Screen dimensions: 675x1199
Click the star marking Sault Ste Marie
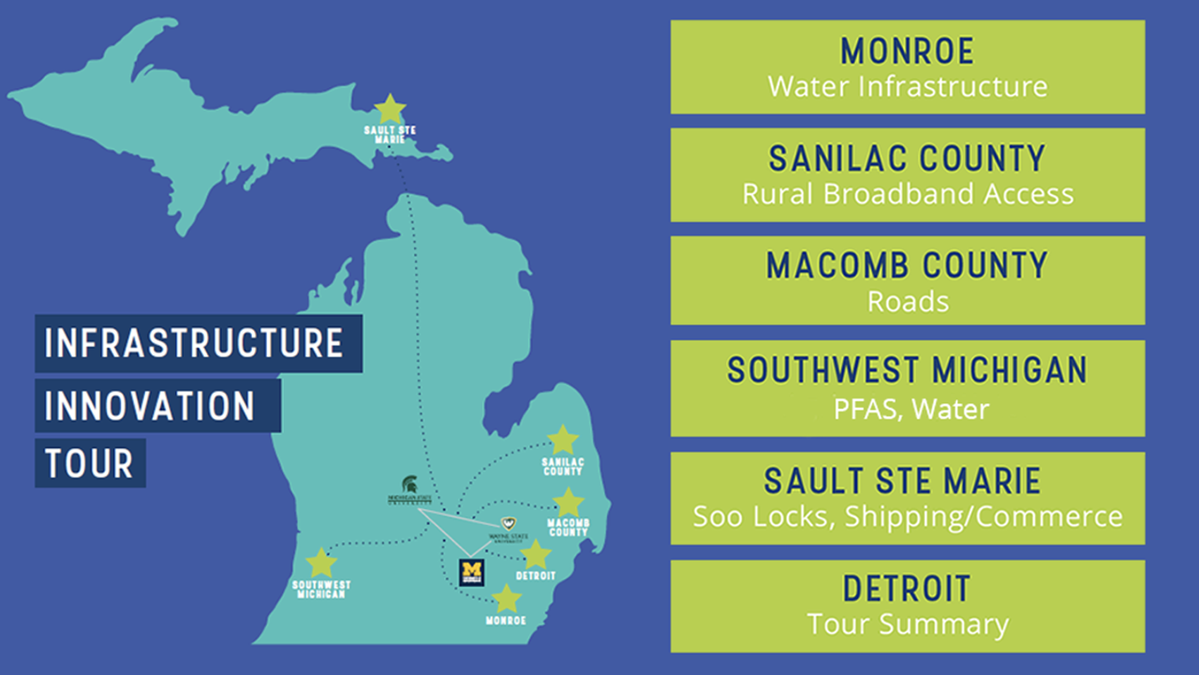point(390,108)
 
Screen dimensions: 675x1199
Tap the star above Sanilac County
point(562,440)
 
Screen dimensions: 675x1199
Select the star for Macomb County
point(568,502)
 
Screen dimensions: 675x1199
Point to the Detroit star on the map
point(535,554)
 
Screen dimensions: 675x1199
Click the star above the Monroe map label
point(506,598)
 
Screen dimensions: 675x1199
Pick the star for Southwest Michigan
point(321,562)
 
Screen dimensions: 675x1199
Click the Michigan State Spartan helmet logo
point(409,486)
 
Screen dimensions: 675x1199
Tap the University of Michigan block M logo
point(471,572)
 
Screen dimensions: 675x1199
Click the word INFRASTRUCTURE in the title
point(194,343)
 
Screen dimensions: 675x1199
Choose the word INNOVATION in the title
point(150,406)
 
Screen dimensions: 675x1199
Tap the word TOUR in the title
point(89,463)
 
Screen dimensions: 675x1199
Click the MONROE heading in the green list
point(907,51)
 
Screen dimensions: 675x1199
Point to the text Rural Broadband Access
point(907,194)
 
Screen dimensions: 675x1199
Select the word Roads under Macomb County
point(907,301)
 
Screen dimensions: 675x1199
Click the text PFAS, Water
point(907,409)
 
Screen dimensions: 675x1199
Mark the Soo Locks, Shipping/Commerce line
point(907,516)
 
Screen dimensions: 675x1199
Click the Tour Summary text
point(907,623)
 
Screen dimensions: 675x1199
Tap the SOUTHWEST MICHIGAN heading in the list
point(907,370)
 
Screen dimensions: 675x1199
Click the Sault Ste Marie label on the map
point(390,132)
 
